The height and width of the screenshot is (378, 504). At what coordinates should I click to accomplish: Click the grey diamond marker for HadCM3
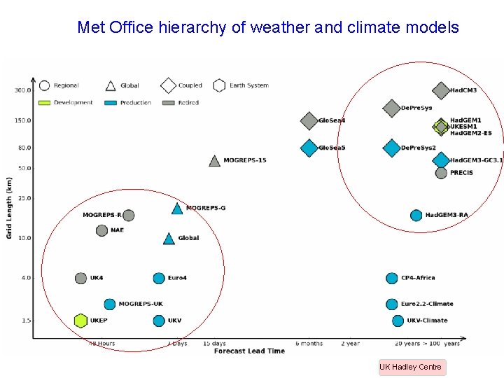(x=440, y=90)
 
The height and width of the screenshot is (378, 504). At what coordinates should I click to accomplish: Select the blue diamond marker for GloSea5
(x=309, y=148)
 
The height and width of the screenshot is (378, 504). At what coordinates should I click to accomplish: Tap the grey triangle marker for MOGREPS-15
(x=215, y=161)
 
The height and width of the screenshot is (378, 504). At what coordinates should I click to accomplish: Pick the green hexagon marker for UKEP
(x=80, y=321)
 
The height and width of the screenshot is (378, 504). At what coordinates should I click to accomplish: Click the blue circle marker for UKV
(x=159, y=321)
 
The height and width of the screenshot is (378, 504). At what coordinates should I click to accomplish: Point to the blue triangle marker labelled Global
(x=169, y=239)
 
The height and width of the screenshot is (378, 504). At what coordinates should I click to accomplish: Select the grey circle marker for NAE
(x=101, y=230)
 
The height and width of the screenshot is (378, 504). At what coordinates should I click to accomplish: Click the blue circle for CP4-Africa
(x=391, y=279)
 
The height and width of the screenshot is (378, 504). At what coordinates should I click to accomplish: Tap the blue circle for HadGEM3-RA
(x=416, y=215)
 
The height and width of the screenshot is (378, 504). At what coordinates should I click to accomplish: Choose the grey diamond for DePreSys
(x=392, y=108)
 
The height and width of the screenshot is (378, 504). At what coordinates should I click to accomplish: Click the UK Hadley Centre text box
(x=411, y=367)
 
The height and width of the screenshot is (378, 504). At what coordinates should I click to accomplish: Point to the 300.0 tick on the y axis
(x=22, y=90)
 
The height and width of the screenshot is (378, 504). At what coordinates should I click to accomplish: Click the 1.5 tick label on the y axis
(x=25, y=321)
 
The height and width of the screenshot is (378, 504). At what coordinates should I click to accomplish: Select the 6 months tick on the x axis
(x=309, y=344)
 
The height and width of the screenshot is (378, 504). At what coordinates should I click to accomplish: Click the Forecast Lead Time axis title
(x=249, y=351)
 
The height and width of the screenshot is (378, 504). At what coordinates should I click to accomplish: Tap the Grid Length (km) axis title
(x=10, y=207)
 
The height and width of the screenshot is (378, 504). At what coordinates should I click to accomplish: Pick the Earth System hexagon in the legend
(x=218, y=85)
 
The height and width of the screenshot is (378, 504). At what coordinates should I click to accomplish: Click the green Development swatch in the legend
(x=44, y=103)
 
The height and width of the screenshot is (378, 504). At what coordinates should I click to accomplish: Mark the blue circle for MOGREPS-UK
(x=109, y=304)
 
